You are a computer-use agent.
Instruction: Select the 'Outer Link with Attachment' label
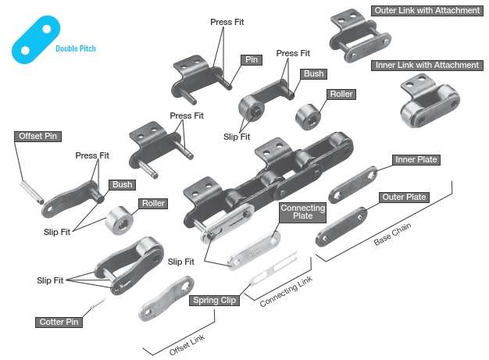point(425,12)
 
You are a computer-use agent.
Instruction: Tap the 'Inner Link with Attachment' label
point(427,66)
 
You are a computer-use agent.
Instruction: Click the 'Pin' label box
point(252,59)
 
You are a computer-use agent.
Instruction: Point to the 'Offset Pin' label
point(38,136)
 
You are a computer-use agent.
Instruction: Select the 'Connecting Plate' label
point(302,212)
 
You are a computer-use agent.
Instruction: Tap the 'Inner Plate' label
point(416,160)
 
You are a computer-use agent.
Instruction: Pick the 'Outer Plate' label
point(404,198)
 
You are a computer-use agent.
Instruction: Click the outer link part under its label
point(350,39)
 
